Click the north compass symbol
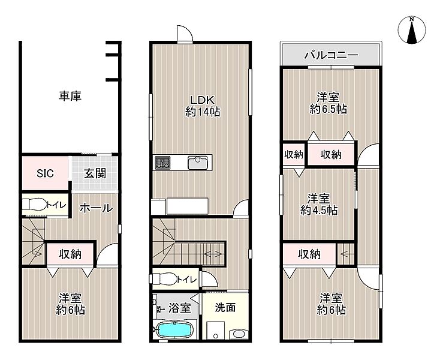(x=412, y=30)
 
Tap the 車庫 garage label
(x=70, y=96)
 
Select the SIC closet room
(x=45, y=173)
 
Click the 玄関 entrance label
(x=95, y=173)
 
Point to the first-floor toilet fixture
(x=34, y=205)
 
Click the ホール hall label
(x=96, y=208)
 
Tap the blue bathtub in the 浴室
(x=174, y=329)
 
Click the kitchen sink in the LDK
(x=198, y=163)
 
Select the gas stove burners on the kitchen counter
(x=162, y=163)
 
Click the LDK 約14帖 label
(x=202, y=106)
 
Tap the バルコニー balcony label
(x=331, y=55)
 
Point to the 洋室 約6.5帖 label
(x=329, y=103)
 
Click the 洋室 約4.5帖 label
(x=319, y=205)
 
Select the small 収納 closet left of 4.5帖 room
(x=294, y=155)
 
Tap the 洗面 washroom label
(x=225, y=307)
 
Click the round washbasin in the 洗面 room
(x=239, y=334)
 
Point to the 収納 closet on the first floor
(x=70, y=254)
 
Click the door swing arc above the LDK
(x=185, y=32)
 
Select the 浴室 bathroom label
(x=179, y=308)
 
